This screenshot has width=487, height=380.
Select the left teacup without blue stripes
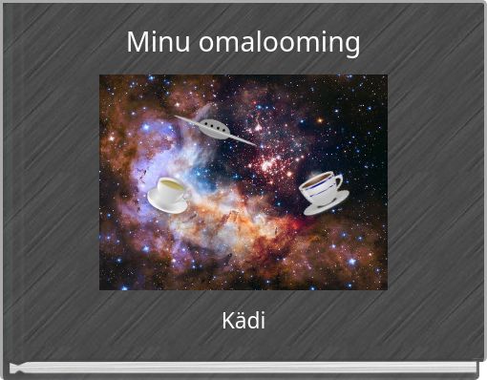pyautogui.click(x=169, y=191)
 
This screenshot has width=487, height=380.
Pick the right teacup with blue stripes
pyautogui.click(x=320, y=186)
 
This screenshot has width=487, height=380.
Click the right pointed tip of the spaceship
pyautogui.click(x=252, y=144)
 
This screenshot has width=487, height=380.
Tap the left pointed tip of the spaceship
pyautogui.click(x=178, y=117)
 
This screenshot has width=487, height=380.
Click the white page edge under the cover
pyautogui.click(x=243, y=368)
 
